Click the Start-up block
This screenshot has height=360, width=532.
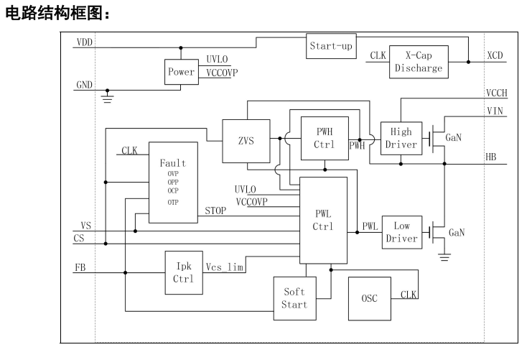click(x=331, y=46)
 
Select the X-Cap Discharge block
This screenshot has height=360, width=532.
click(x=419, y=62)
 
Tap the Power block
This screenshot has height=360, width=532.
click(x=182, y=72)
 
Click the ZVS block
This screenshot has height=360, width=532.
click(x=246, y=141)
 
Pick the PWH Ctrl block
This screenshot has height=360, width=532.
click(x=325, y=138)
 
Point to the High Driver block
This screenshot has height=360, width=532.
click(x=401, y=138)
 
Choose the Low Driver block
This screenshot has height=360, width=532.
click(x=402, y=232)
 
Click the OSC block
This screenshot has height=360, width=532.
click(x=370, y=298)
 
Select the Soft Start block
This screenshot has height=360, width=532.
click(x=295, y=298)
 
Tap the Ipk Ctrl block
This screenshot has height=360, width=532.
click(x=184, y=273)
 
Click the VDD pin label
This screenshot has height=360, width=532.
click(x=85, y=42)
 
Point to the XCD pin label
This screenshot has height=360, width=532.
click(x=495, y=55)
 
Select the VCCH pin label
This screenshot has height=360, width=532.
click(x=496, y=93)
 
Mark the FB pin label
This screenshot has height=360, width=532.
click(x=80, y=267)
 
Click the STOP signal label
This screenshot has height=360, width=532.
click(x=215, y=211)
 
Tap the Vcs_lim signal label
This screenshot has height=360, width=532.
click(x=225, y=267)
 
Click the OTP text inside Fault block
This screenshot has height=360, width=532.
click(x=173, y=203)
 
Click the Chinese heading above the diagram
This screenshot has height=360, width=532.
click(x=57, y=14)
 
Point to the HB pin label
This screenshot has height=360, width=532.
click(x=491, y=157)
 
